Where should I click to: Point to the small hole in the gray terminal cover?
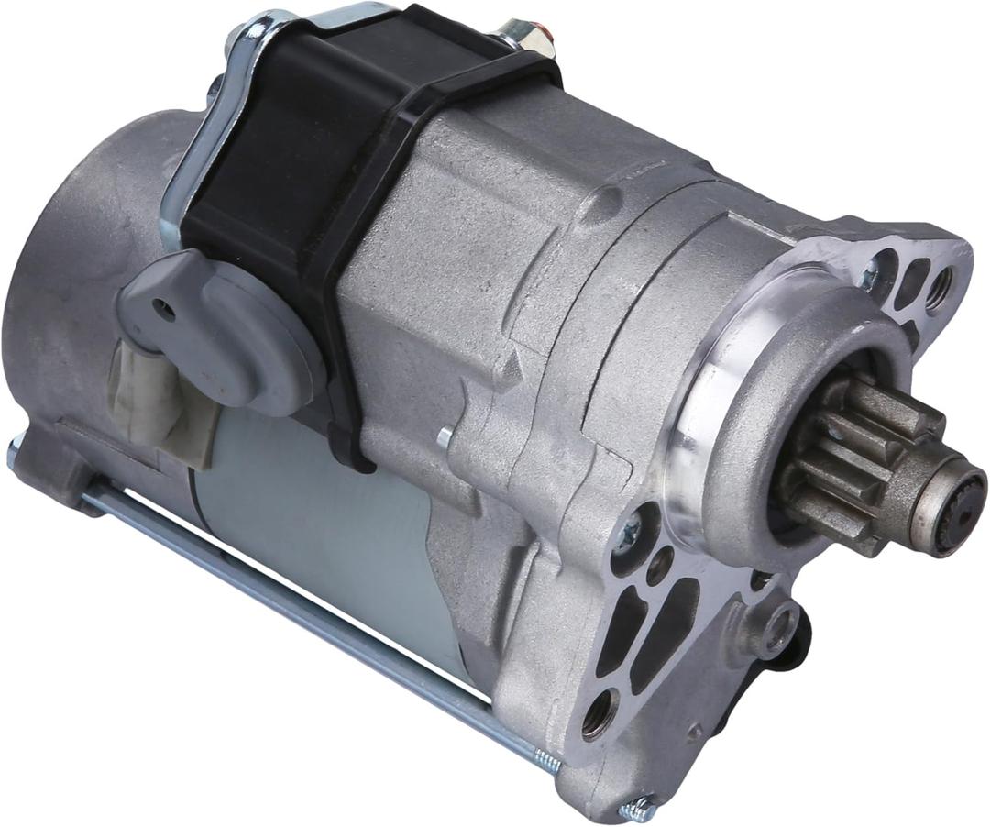point(164,310)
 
